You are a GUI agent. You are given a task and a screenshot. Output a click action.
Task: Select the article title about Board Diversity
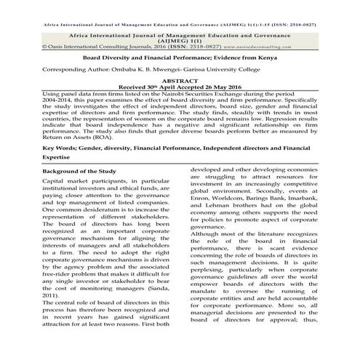180,55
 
